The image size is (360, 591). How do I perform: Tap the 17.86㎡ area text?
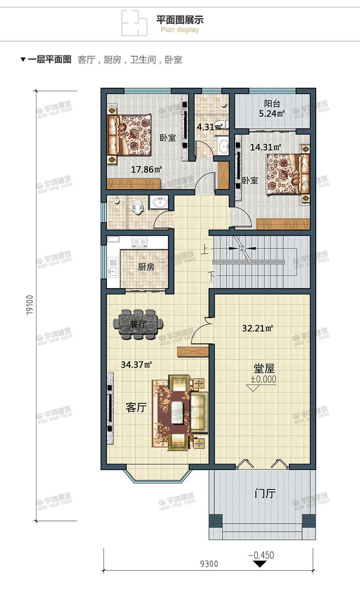(146, 170)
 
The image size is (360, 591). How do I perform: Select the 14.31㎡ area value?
(265, 147)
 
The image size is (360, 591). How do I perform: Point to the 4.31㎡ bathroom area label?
(210, 127)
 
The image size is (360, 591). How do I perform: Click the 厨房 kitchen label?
(146, 267)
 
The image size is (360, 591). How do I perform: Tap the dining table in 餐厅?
(138, 324)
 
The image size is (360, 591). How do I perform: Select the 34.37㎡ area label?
(136, 365)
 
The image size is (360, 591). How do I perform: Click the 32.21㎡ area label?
(258, 328)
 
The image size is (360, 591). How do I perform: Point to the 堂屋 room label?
(264, 369)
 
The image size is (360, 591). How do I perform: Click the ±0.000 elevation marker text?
(263, 379)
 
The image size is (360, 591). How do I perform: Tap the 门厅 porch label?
(265, 494)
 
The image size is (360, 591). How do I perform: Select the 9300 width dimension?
(209, 564)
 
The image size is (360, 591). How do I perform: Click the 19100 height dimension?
(30, 304)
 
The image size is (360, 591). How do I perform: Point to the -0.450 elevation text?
(261, 555)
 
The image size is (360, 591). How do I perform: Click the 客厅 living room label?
(136, 407)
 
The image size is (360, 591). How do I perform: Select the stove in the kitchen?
(139, 242)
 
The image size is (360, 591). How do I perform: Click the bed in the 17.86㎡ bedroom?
(129, 135)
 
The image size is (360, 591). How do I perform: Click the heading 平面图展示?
(180, 20)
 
